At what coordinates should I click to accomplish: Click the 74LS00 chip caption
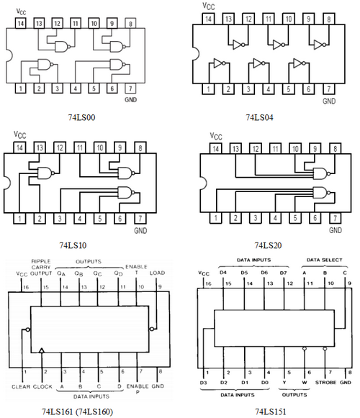pyautogui.click(x=81, y=117)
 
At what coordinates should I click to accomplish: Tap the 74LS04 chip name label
pyautogui.click(x=259, y=117)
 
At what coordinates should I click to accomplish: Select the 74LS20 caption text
pyautogui.click(x=268, y=245)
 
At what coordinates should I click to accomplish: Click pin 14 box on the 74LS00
pyautogui.click(x=21, y=23)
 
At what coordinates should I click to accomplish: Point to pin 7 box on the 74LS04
pyautogui.click(x=329, y=88)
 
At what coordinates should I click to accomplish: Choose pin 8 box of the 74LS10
pyautogui.click(x=140, y=147)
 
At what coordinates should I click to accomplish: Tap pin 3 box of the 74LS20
pyautogui.click(x=256, y=218)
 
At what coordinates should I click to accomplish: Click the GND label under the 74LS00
pyautogui.click(x=131, y=100)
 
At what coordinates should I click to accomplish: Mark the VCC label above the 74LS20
pyautogui.click(x=215, y=136)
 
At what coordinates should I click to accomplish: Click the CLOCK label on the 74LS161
pyautogui.click(x=42, y=386)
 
